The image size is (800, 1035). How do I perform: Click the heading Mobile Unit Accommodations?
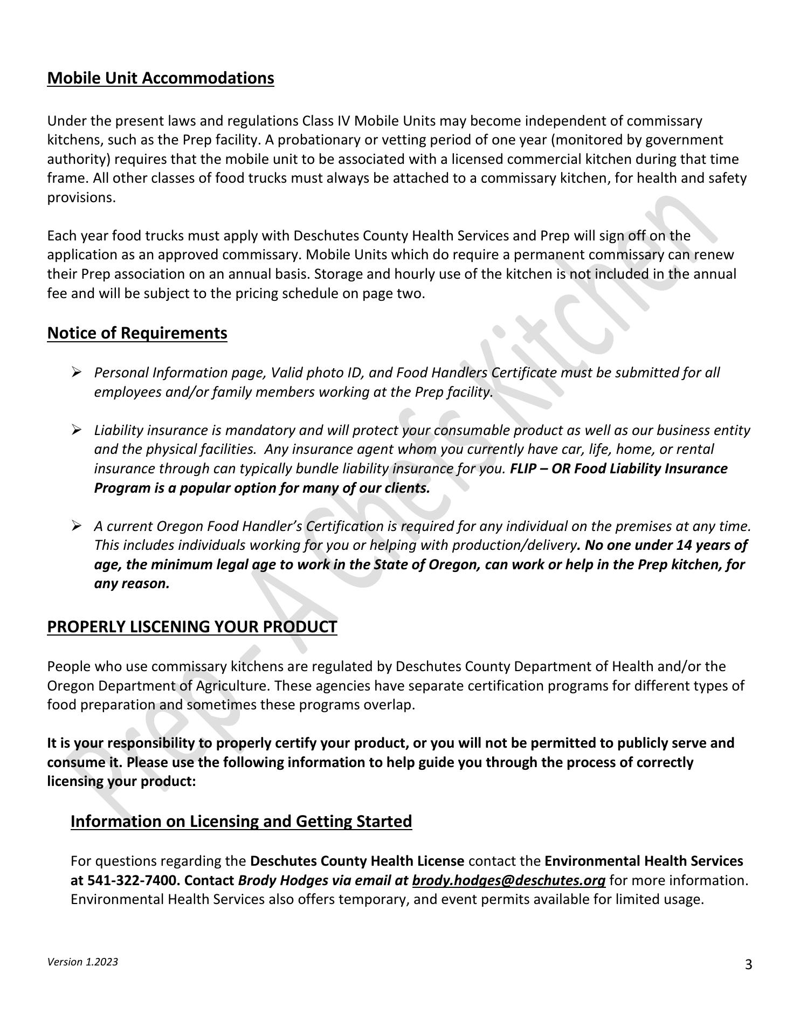coord(161,78)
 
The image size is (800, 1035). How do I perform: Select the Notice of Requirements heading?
coord(137,333)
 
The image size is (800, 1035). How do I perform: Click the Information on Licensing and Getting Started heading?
coord(241,821)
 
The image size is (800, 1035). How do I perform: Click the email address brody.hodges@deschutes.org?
coord(508,880)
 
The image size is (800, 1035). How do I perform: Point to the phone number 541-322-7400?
coord(131,880)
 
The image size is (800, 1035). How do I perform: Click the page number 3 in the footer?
coord(748,964)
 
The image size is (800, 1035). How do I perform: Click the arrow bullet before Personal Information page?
coord(76,372)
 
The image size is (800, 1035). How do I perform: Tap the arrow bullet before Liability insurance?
coord(76,430)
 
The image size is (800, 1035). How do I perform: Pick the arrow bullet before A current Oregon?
coord(76,526)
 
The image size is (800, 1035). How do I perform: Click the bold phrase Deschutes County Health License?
coord(357,861)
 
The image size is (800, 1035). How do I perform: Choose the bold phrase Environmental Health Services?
coord(644,861)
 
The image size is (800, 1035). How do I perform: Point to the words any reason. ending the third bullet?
coord(132,584)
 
